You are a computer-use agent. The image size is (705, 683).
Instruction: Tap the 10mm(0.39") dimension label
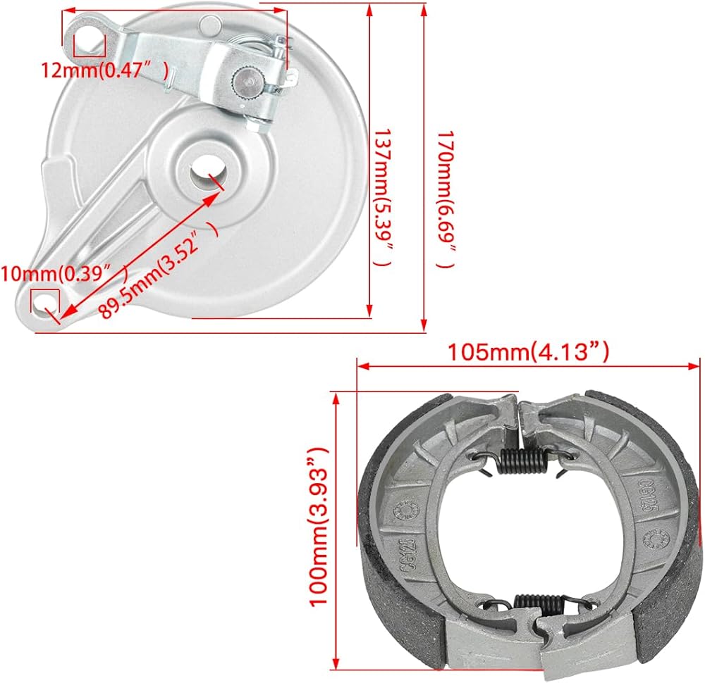(65, 273)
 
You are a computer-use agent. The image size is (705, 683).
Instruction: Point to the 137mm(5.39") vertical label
(382, 198)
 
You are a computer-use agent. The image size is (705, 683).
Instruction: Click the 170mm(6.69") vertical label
(446, 199)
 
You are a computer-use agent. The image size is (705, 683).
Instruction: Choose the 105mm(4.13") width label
(528, 351)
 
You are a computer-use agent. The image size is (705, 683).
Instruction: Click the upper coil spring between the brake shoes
(522, 460)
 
